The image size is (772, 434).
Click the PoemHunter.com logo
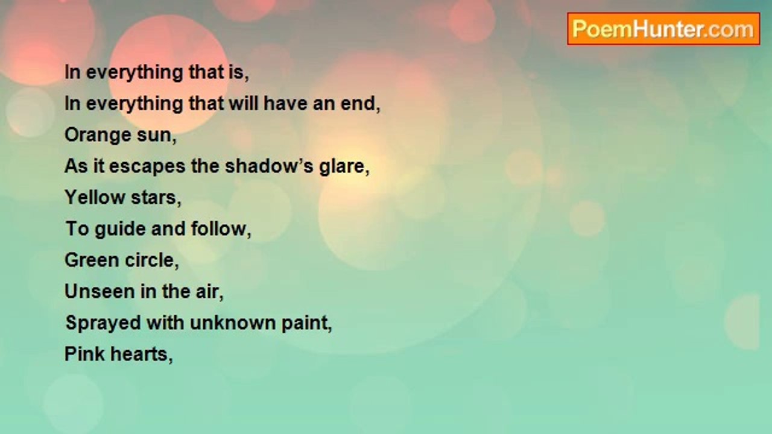point(663,29)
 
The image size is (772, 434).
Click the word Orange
point(98,136)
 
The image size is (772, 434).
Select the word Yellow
point(95,197)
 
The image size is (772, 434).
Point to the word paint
point(307,323)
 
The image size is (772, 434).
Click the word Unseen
point(100,291)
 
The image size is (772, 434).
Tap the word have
point(285,103)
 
